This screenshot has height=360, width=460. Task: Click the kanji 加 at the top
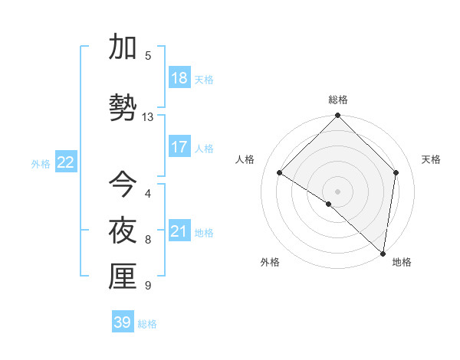pyautogui.click(x=123, y=47)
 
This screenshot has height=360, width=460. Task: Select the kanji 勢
pyautogui.click(x=123, y=107)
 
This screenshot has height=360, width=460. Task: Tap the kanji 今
pyautogui.click(x=123, y=184)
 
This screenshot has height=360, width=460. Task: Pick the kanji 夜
pyautogui.click(x=123, y=230)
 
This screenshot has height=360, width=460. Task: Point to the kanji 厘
pyautogui.click(x=123, y=277)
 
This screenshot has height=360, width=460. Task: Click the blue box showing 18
pyautogui.click(x=179, y=78)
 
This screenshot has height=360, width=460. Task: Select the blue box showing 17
pyautogui.click(x=179, y=147)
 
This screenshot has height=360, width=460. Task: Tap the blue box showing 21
pyautogui.click(x=179, y=231)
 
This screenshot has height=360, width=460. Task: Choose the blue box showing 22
pyautogui.click(x=66, y=162)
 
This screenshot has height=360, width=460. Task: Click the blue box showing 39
pyautogui.click(x=123, y=322)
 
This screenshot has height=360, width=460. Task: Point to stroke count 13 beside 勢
pyautogui.click(x=148, y=117)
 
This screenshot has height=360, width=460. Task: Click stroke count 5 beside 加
pyautogui.click(x=148, y=55)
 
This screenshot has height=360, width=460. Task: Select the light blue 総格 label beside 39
pyautogui.click(x=147, y=324)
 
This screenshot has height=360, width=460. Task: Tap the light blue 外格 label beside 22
pyautogui.click(x=41, y=163)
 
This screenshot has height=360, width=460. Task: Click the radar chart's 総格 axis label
pyautogui.click(x=338, y=100)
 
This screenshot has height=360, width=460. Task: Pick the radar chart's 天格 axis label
pyautogui.click(x=431, y=159)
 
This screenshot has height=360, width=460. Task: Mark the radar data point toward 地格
pyautogui.click(x=383, y=253)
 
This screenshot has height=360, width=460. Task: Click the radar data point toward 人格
pyautogui.click(x=280, y=172)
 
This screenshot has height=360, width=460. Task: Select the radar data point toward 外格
pyautogui.click(x=329, y=204)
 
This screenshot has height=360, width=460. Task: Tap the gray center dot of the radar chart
pyautogui.click(x=338, y=191)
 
